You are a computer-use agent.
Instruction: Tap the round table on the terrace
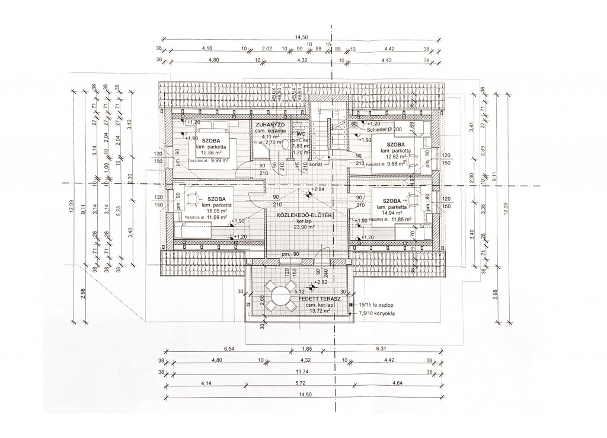point(280,295)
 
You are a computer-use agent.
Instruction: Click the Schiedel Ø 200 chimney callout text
point(384,129)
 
